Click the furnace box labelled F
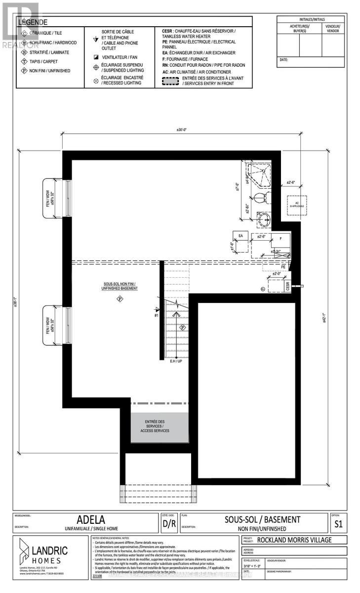(x=280, y=238)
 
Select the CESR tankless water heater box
(x=287, y=286)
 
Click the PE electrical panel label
(x=283, y=266)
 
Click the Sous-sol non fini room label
(x=119, y=286)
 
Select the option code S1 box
(x=338, y=522)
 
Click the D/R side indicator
(x=169, y=523)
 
